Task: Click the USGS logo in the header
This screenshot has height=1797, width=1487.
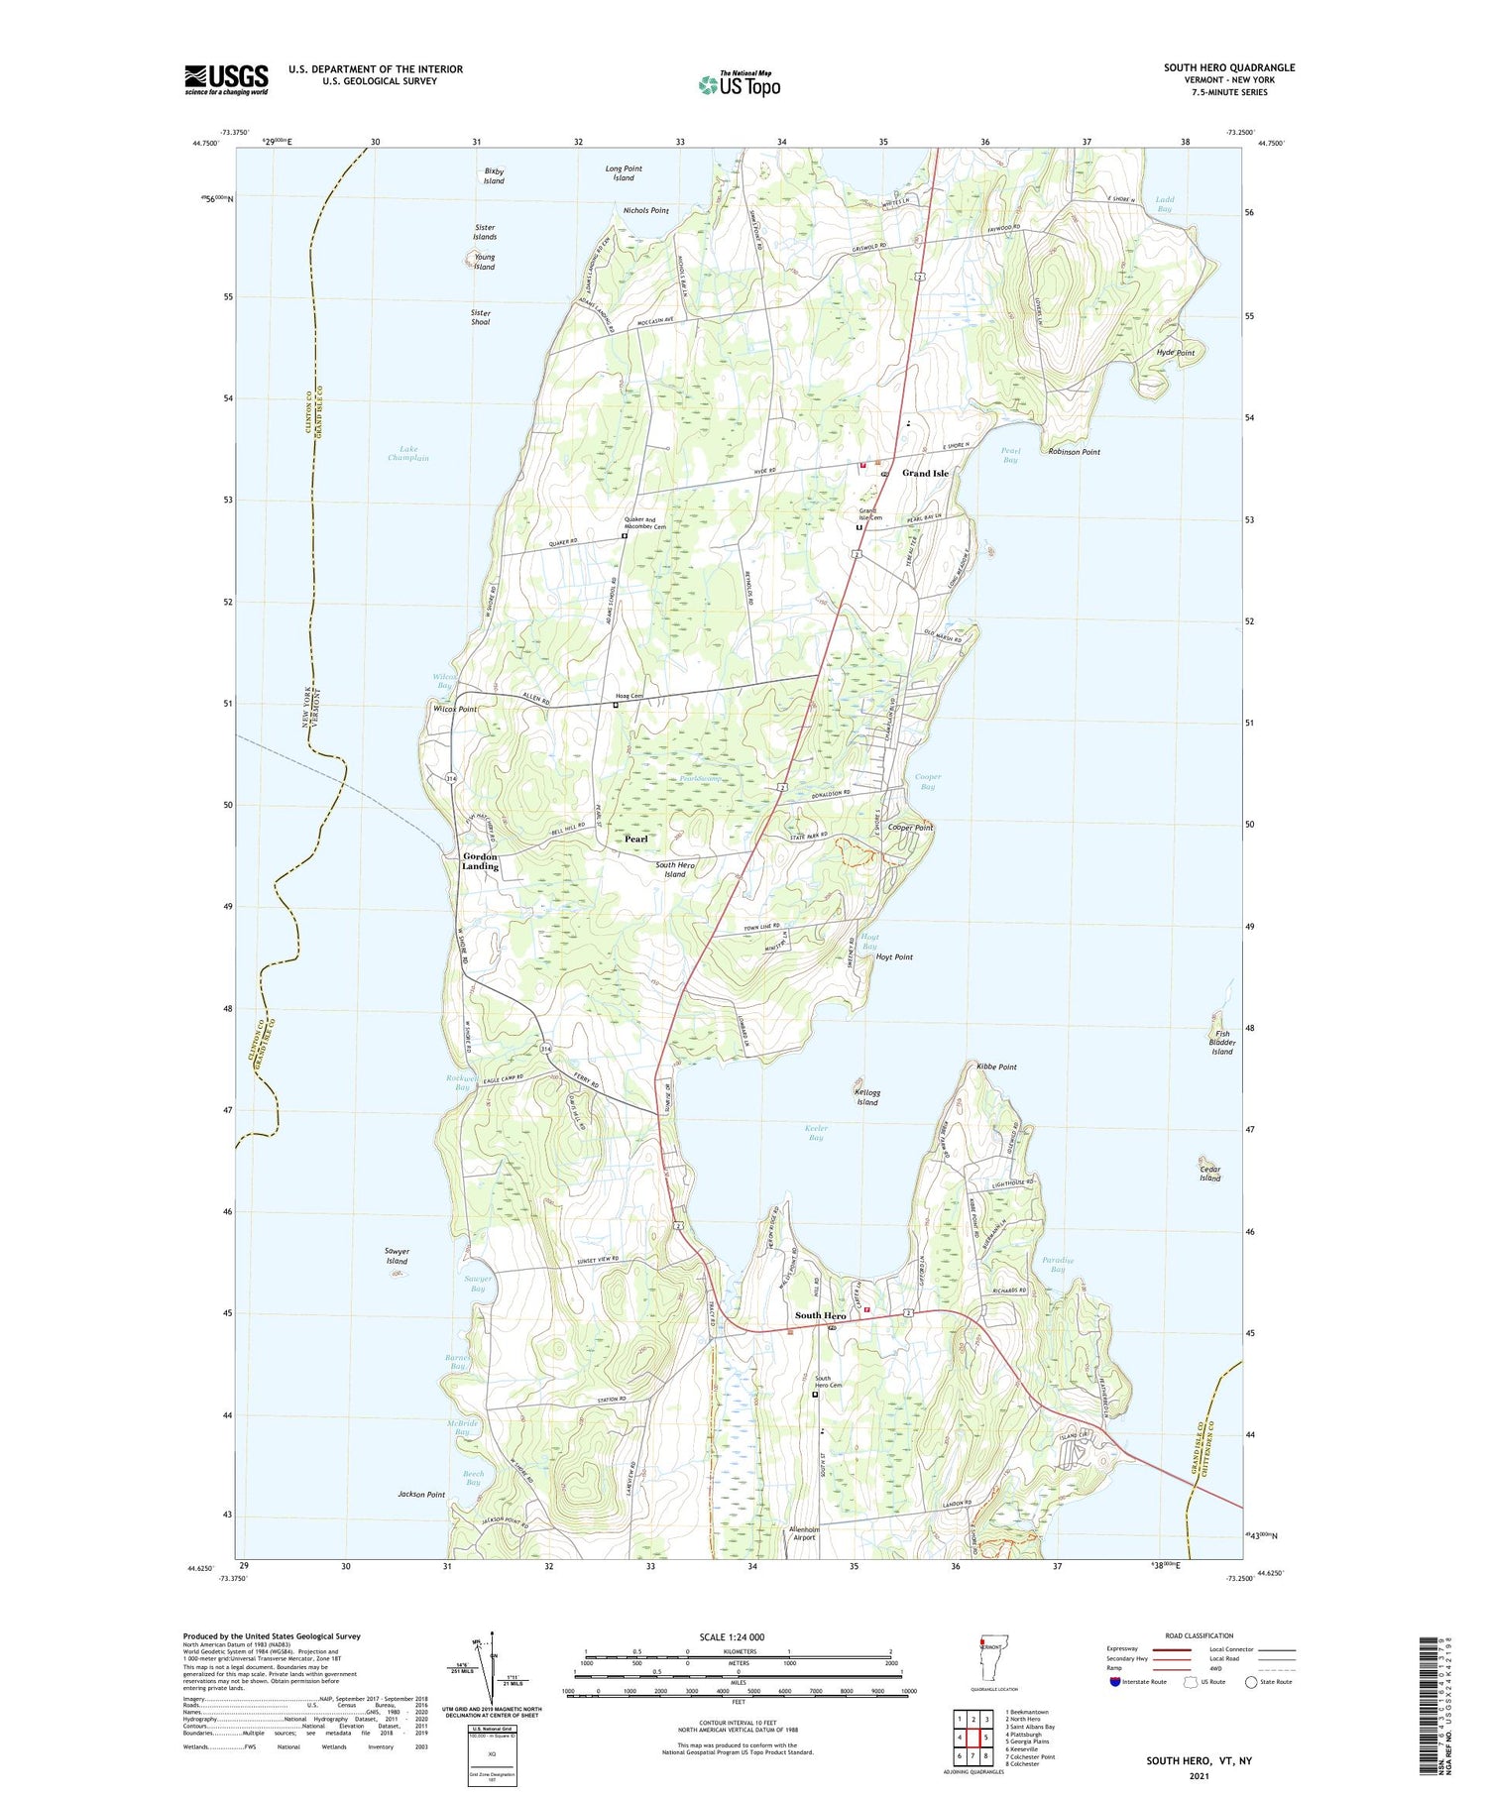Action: (x=226, y=79)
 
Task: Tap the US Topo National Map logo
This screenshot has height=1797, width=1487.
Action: (x=739, y=84)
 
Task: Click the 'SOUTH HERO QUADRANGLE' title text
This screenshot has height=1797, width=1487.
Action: (x=1229, y=67)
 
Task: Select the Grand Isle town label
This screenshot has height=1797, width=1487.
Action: (x=925, y=473)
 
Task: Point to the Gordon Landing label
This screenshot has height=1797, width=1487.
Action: (x=481, y=861)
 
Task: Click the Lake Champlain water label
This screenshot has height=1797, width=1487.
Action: (x=407, y=454)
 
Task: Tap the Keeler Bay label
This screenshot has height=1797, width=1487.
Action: (x=816, y=1133)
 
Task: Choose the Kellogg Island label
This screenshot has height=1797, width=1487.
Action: (x=867, y=1097)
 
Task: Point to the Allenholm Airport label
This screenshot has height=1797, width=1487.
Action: (x=803, y=1533)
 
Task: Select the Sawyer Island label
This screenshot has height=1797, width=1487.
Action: (x=397, y=1256)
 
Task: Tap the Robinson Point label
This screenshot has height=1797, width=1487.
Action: (x=1075, y=452)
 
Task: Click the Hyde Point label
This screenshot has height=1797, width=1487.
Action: (x=1175, y=353)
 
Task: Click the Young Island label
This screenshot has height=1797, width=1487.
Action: (x=484, y=262)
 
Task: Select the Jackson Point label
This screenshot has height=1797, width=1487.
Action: (x=421, y=1494)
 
